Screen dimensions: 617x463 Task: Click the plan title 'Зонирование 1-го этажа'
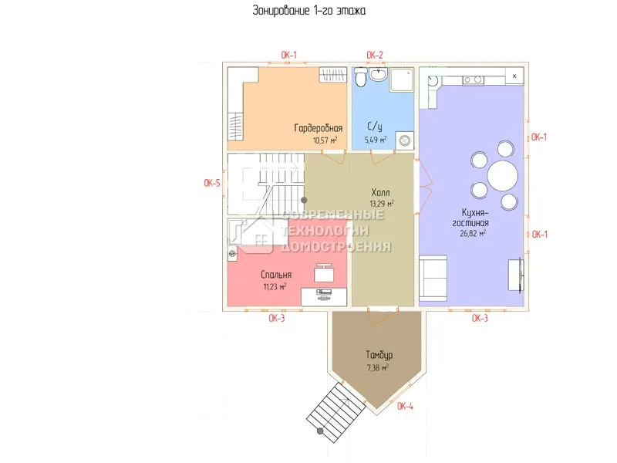pos(309,10)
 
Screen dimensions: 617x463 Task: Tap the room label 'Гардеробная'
pos(319,128)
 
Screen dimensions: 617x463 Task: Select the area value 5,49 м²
pos(376,140)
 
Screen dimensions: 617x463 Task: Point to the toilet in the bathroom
pos(360,76)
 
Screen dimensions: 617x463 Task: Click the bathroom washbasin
pos(378,74)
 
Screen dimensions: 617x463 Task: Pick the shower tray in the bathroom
pos(401,80)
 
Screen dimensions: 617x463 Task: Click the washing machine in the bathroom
pos(404,140)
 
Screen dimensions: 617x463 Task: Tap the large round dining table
pos(503,175)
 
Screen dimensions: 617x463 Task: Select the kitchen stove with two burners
pos(473,80)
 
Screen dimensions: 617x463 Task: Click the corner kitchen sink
pos(433,81)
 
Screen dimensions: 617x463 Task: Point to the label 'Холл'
pos(380,192)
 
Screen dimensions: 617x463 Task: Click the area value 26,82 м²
pos(473,233)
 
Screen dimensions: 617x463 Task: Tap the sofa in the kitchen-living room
pos(433,277)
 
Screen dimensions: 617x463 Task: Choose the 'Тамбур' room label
pos(379,355)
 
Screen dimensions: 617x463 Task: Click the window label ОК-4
pos(406,406)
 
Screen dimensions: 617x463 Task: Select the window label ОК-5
pos(212,183)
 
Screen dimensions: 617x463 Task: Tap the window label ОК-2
pos(375,55)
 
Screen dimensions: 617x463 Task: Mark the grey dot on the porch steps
pos(320,431)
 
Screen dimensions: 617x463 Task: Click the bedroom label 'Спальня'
pos(276,275)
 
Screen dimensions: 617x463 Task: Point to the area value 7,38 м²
pos(378,368)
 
